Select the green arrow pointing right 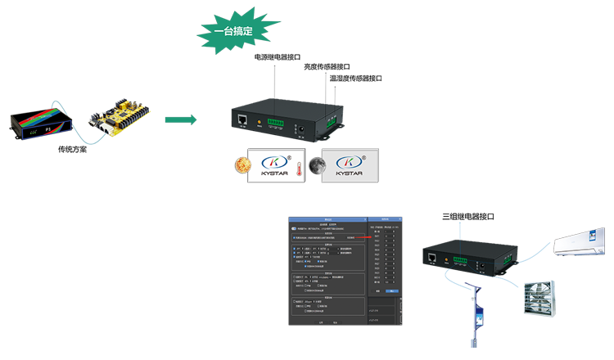pos(174,120)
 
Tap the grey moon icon pos(318,167)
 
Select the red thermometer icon pos(300,168)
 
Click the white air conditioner pos(582,242)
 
